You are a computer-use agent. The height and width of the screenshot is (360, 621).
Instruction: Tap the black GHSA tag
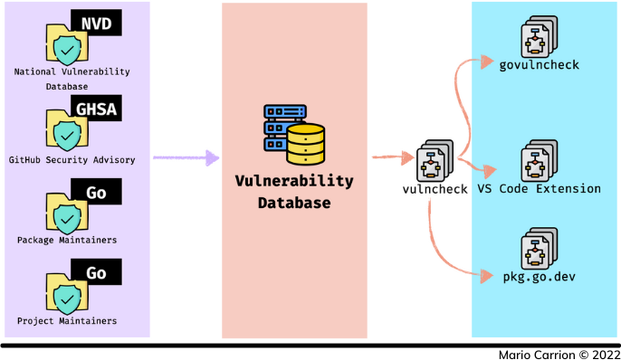click(96, 110)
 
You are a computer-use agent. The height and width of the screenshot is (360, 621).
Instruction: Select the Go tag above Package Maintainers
click(97, 193)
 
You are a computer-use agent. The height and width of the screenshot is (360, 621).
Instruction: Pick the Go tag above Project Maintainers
click(97, 273)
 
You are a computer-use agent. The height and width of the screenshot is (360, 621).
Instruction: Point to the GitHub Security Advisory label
click(72, 160)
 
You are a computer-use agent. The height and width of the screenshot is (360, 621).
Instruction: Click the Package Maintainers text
click(68, 240)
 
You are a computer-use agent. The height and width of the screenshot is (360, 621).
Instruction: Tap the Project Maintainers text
click(68, 321)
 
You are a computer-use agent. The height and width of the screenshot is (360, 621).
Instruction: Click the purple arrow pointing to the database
click(186, 158)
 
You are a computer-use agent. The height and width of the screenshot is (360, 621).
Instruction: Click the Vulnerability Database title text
click(294, 192)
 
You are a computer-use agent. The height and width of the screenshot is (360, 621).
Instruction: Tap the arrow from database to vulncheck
click(391, 158)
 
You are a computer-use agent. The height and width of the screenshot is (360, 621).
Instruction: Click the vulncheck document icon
click(434, 161)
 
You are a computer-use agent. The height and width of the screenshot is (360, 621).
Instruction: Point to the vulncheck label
click(435, 189)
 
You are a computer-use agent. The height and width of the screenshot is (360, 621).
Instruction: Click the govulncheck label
click(540, 64)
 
